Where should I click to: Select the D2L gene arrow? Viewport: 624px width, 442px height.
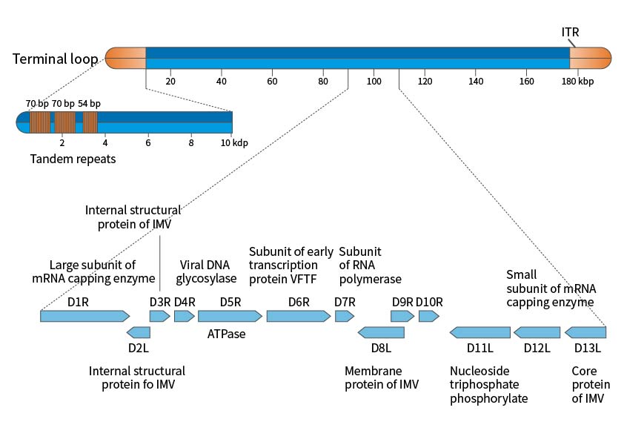[139, 332]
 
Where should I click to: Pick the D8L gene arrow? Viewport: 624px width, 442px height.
[380, 332]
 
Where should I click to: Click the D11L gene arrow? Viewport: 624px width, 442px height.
[479, 332]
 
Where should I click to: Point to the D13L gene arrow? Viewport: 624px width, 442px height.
[585, 332]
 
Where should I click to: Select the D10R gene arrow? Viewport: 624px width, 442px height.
[428, 316]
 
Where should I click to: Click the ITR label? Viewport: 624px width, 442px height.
[570, 32]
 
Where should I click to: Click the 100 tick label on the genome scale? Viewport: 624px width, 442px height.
[374, 81]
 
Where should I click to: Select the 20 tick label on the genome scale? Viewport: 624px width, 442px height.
[170, 81]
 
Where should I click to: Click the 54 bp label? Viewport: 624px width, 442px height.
[89, 103]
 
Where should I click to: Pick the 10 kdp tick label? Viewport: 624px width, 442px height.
[234, 142]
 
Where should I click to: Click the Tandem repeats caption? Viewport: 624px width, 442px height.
[73, 159]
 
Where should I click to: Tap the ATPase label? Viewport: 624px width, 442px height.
[226, 334]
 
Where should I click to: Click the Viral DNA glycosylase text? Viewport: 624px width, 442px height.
[206, 272]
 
